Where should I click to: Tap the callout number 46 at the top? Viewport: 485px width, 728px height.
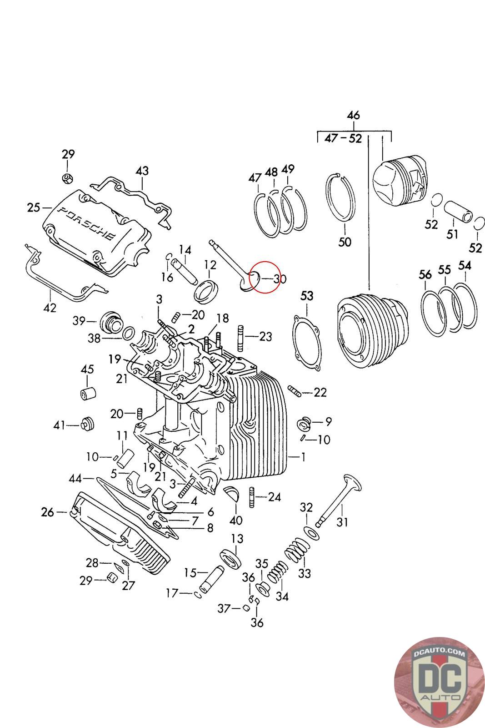click(x=353, y=115)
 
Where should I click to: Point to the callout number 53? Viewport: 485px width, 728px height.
click(x=307, y=296)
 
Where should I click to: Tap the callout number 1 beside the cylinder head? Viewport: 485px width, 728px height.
click(x=303, y=457)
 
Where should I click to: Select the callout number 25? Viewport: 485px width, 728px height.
click(x=34, y=208)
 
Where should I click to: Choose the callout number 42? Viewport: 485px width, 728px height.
click(x=50, y=308)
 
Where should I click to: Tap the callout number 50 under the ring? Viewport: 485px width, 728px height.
click(x=345, y=242)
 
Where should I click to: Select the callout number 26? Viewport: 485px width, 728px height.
click(x=47, y=512)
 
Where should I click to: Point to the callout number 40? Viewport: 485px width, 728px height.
click(x=236, y=520)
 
